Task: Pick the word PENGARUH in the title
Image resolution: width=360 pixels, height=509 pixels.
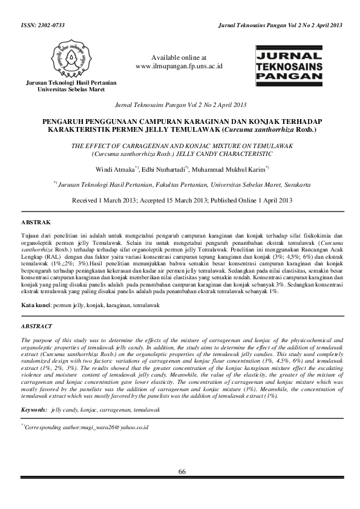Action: coord(67,121)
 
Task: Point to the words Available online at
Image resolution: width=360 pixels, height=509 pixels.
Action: coord(179,56)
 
